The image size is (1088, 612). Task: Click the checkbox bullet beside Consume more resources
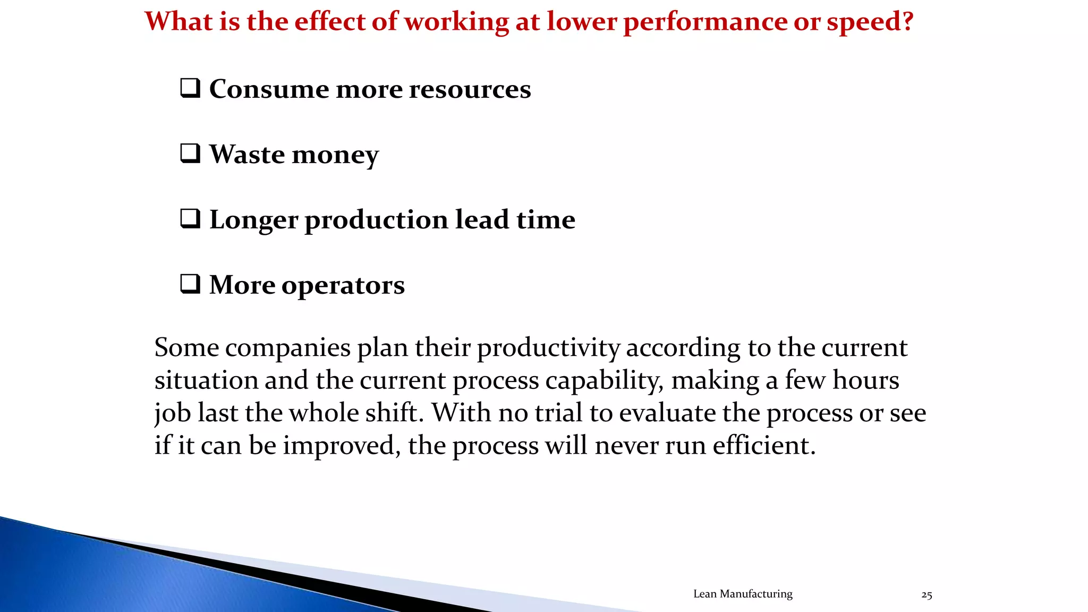190,88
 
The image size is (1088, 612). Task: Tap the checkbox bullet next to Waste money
190,154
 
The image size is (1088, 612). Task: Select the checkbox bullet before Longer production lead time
190,219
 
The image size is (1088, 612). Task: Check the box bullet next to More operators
190,284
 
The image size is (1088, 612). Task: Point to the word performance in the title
704,22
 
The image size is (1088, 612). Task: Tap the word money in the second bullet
335,155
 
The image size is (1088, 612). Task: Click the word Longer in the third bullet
253,220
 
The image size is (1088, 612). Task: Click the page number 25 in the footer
926,595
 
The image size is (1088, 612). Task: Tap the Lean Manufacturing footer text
743,594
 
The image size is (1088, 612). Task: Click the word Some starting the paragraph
186,347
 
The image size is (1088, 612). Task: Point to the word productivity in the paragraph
548,348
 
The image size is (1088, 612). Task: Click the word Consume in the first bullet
268,89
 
